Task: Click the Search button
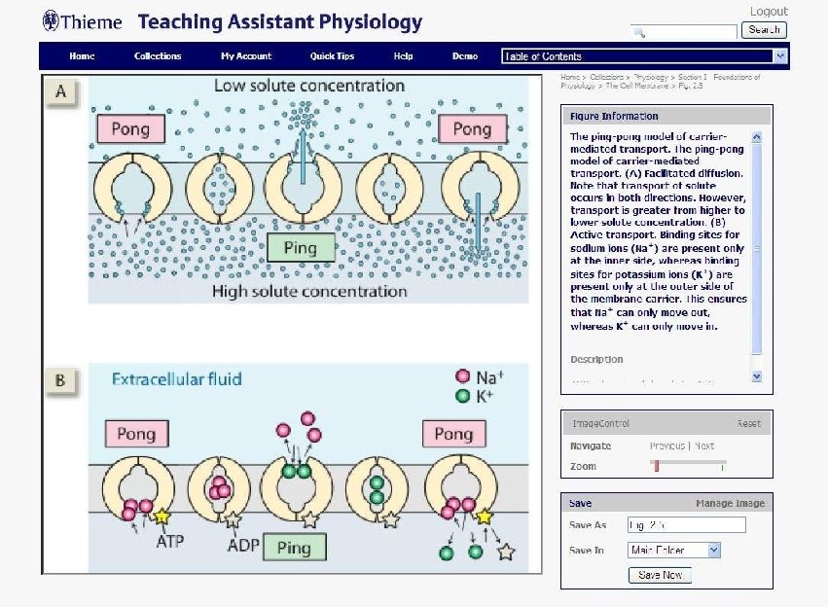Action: [x=764, y=30]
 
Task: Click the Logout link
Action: [x=769, y=12]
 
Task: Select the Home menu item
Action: [x=83, y=56]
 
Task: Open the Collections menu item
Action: [x=158, y=56]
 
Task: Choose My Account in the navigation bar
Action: [x=246, y=56]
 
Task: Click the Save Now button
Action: [x=661, y=575]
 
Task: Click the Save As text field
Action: [x=686, y=525]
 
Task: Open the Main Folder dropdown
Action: [x=674, y=551]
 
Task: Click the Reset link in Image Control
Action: [x=748, y=424]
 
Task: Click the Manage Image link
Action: [x=730, y=504]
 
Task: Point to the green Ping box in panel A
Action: [x=301, y=248]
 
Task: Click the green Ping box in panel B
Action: [x=293, y=548]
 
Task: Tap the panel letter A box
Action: [x=61, y=92]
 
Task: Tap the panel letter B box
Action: [x=60, y=380]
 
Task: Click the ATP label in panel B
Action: [x=169, y=541]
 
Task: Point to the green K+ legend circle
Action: [x=463, y=397]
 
